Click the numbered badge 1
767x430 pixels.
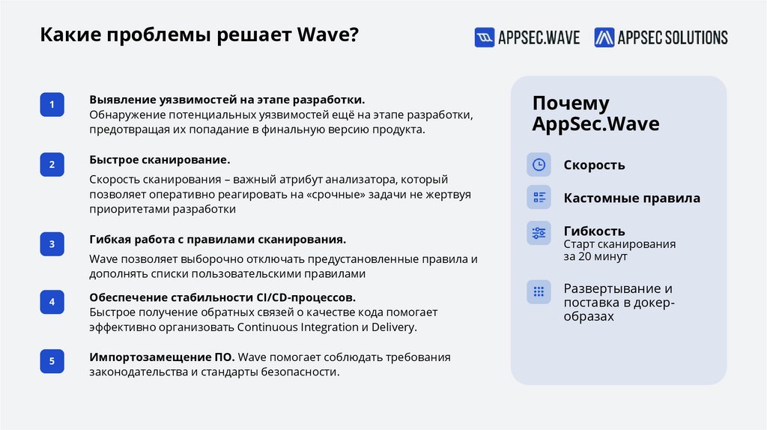click(52, 105)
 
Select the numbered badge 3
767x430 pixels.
click(52, 244)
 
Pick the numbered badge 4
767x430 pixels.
click(52, 302)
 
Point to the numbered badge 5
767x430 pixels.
click(52, 361)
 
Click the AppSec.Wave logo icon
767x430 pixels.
click(485, 37)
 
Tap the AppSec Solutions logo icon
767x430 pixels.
click(604, 37)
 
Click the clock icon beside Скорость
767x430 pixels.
click(539, 165)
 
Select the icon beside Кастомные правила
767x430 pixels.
click(539, 198)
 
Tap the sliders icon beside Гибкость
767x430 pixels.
click(539, 233)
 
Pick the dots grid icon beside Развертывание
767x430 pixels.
click(539, 291)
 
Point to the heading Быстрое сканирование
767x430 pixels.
click(160, 160)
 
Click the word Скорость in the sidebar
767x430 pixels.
click(594, 165)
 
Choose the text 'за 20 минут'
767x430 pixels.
click(595, 256)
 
